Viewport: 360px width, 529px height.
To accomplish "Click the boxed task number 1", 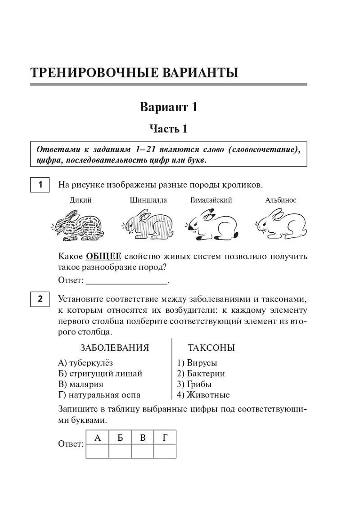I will click(x=40, y=185).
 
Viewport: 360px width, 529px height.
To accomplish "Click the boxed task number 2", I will click(x=40, y=299).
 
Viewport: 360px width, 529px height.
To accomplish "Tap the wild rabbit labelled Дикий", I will click(x=77, y=225).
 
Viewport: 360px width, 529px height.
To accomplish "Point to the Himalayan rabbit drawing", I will click(x=211, y=225).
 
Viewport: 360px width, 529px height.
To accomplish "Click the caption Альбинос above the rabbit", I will click(x=281, y=200).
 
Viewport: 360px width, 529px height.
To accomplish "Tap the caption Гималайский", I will click(x=211, y=200).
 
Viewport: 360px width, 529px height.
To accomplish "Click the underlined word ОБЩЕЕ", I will click(x=103, y=257).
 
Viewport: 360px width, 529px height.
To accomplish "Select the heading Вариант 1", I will click(x=168, y=107).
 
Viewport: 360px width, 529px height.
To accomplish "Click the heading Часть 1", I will click(x=168, y=129).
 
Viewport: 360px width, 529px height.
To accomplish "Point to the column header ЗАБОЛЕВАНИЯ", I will click(x=115, y=348).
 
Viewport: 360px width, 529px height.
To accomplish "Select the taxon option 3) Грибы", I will click(x=194, y=384).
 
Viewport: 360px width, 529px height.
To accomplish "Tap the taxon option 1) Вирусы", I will click(x=197, y=363).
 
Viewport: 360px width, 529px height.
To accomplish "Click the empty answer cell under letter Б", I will click(x=120, y=451).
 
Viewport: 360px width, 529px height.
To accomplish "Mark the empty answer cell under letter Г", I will click(x=165, y=451).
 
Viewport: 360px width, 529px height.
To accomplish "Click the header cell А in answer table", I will click(x=98, y=437).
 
